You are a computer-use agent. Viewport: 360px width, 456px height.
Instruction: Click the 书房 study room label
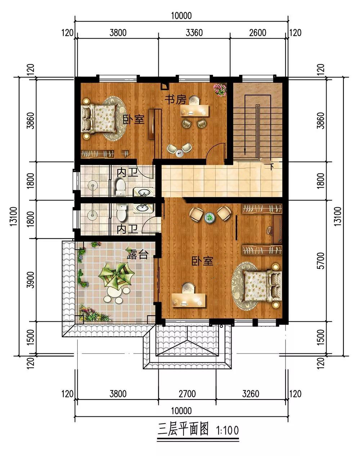tap(176, 100)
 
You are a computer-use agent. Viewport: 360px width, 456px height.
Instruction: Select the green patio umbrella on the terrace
tap(116, 275)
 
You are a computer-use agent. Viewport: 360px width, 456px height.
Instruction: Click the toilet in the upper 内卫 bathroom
tap(121, 187)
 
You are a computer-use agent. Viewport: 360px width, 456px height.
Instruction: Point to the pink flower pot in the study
tap(220, 90)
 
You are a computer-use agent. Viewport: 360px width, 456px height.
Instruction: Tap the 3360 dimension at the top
tap(194, 33)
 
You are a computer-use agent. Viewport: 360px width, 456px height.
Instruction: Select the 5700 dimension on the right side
tap(321, 261)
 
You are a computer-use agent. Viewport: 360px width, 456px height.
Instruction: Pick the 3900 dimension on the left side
tap(31, 280)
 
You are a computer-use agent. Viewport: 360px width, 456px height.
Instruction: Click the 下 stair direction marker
tap(271, 167)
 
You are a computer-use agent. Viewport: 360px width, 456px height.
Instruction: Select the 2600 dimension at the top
tap(258, 33)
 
